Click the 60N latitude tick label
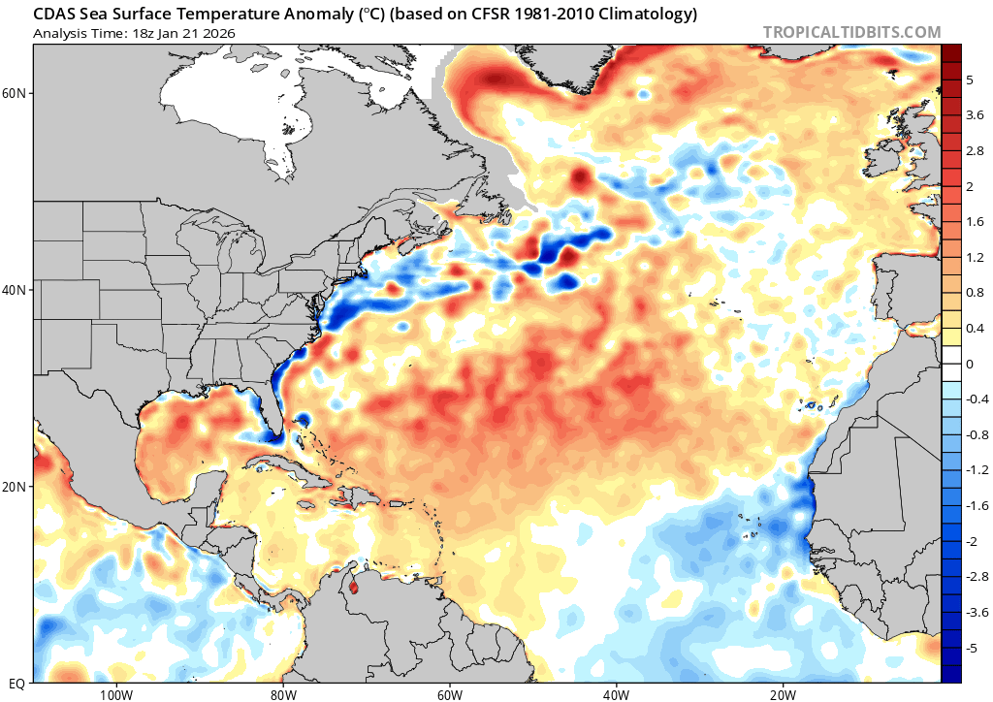pos(16,93)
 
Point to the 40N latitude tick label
pos(16,290)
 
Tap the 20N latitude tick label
pos(16,487)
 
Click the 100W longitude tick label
pos(114,694)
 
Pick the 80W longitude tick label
pos(282,694)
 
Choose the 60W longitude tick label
pos(449,694)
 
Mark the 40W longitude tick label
pos(616,694)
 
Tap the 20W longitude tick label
pos(783,694)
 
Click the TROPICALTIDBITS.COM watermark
pos(851,32)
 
